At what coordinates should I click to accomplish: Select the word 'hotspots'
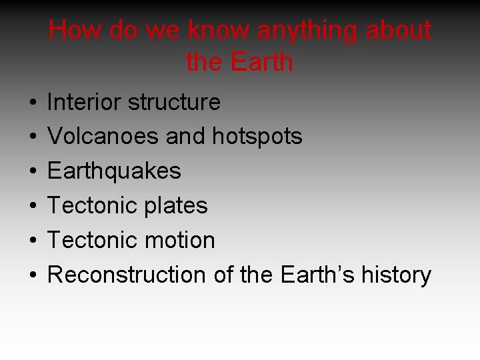[257, 137]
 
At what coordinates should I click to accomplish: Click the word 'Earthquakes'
[114, 171]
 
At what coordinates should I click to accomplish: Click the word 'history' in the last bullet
[396, 275]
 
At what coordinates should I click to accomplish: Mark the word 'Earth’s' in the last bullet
[317, 275]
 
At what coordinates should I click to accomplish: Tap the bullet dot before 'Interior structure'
[32, 103]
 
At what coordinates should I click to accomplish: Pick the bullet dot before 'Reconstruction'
[32, 275]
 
